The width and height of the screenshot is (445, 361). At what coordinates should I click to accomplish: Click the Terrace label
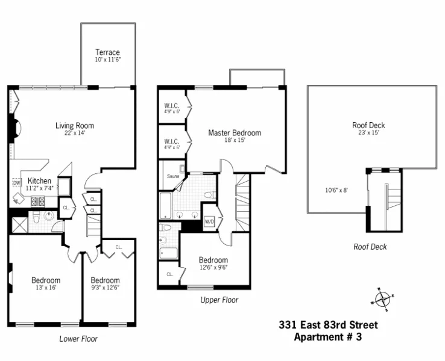tap(107, 52)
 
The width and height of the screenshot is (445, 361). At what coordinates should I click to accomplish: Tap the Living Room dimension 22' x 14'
tap(74, 134)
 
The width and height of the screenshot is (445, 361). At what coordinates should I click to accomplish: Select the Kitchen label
tap(39, 180)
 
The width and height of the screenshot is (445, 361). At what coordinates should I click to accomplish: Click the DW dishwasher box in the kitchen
tap(16, 183)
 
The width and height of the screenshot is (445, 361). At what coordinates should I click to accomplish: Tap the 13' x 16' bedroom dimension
tap(46, 288)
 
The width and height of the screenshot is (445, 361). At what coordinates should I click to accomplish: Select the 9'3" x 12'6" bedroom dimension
tap(105, 288)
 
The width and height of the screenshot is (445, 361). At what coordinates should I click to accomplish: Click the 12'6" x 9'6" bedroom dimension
tap(213, 268)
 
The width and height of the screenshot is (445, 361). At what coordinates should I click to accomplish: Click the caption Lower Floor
tap(78, 339)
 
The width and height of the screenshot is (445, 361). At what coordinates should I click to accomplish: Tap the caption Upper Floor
tap(219, 300)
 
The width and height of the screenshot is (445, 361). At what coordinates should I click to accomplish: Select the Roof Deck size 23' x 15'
tap(368, 134)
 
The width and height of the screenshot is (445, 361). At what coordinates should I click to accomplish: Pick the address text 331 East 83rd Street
tap(328, 325)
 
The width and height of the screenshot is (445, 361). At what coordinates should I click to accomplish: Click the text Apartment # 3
tap(327, 337)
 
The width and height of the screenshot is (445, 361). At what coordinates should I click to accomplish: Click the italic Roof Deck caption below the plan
tap(370, 247)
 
